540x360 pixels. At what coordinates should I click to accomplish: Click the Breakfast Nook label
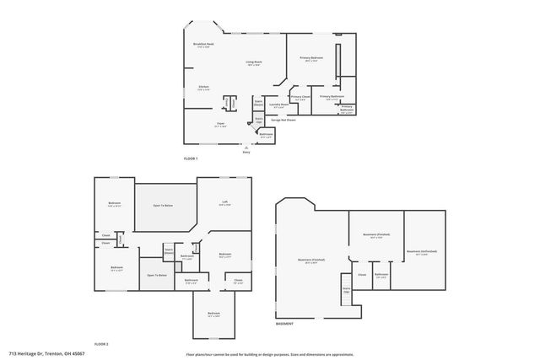[x=202, y=45]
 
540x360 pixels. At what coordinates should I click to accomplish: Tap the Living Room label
[x=253, y=63]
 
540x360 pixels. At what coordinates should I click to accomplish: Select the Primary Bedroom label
[x=311, y=58]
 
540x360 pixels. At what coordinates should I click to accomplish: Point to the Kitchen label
[x=204, y=88]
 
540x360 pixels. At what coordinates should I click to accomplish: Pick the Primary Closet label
[x=300, y=98]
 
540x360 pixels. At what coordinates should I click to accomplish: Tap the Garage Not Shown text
[x=283, y=120]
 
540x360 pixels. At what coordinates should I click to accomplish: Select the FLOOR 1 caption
[x=191, y=159]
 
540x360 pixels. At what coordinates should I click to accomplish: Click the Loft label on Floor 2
[x=225, y=203]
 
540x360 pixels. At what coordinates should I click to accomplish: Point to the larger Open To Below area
[x=163, y=206]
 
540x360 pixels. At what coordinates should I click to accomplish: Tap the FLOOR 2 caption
[x=101, y=344]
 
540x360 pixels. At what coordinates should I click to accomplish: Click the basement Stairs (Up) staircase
[x=346, y=287]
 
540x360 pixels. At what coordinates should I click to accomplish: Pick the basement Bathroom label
[x=381, y=274]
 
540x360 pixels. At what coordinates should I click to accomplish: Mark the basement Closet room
[x=362, y=274]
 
